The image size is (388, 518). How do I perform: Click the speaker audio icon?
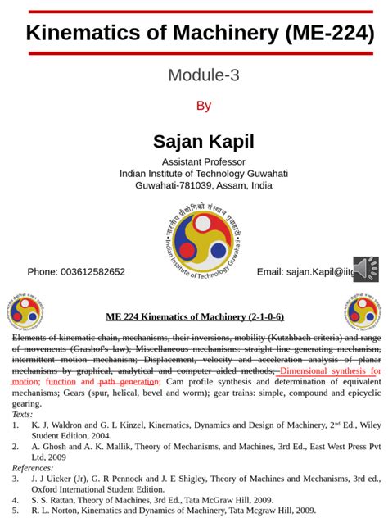point(366,268)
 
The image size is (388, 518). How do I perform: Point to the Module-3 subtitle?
point(203,75)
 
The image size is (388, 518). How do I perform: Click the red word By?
point(204,106)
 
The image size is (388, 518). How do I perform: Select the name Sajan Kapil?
point(203,140)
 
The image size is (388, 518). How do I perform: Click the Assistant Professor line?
point(203,161)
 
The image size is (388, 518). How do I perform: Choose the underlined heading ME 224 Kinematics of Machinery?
point(194,317)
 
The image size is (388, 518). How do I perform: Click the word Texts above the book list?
point(22,414)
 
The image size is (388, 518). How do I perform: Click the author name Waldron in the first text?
point(68,425)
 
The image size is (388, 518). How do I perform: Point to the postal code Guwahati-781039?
point(176,185)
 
